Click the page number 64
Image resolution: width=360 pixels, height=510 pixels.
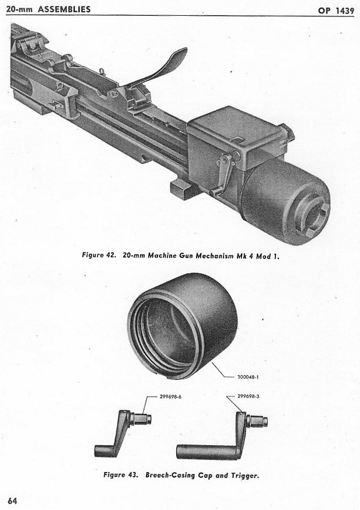[12, 500]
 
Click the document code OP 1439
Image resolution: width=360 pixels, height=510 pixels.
[335, 10]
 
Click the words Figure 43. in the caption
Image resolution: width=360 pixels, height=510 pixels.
[120, 474]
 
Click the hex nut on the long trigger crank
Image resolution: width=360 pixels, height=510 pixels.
[257, 421]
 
